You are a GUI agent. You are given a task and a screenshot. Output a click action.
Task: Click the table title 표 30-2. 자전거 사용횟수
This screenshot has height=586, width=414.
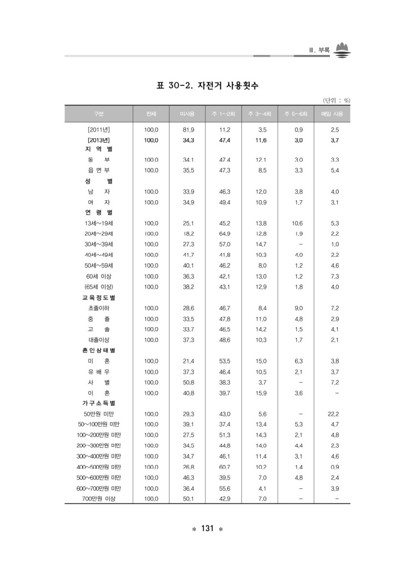[207, 86]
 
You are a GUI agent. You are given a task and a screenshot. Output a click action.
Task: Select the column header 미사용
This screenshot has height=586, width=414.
[188, 114]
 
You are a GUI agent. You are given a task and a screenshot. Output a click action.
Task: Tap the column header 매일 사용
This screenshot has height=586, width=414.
[332, 114]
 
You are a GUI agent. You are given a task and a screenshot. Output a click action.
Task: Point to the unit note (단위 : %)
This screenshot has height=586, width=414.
[337, 100]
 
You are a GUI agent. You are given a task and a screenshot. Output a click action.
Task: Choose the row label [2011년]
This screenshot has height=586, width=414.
[99, 130]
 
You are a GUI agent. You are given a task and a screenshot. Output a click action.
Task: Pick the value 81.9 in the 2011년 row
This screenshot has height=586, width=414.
[189, 130]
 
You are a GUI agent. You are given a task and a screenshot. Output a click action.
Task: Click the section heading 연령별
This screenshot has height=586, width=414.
[97, 212]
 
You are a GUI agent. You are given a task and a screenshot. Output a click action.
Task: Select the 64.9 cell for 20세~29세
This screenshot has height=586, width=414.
[225, 234]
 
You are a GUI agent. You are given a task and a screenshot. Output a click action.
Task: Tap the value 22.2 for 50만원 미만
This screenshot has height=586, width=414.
[333, 414]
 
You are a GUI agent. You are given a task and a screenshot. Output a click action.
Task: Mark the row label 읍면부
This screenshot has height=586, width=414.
[99, 170]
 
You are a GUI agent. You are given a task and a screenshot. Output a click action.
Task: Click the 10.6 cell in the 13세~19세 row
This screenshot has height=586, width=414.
[297, 223]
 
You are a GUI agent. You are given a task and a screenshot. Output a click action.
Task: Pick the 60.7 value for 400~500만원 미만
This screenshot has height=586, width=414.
[225, 467]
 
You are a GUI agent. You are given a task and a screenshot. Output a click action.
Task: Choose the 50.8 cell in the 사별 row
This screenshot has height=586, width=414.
[189, 382]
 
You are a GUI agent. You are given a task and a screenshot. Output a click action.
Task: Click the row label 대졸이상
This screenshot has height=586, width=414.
[99, 339]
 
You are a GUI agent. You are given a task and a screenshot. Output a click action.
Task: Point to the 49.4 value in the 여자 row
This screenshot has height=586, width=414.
[225, 202]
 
